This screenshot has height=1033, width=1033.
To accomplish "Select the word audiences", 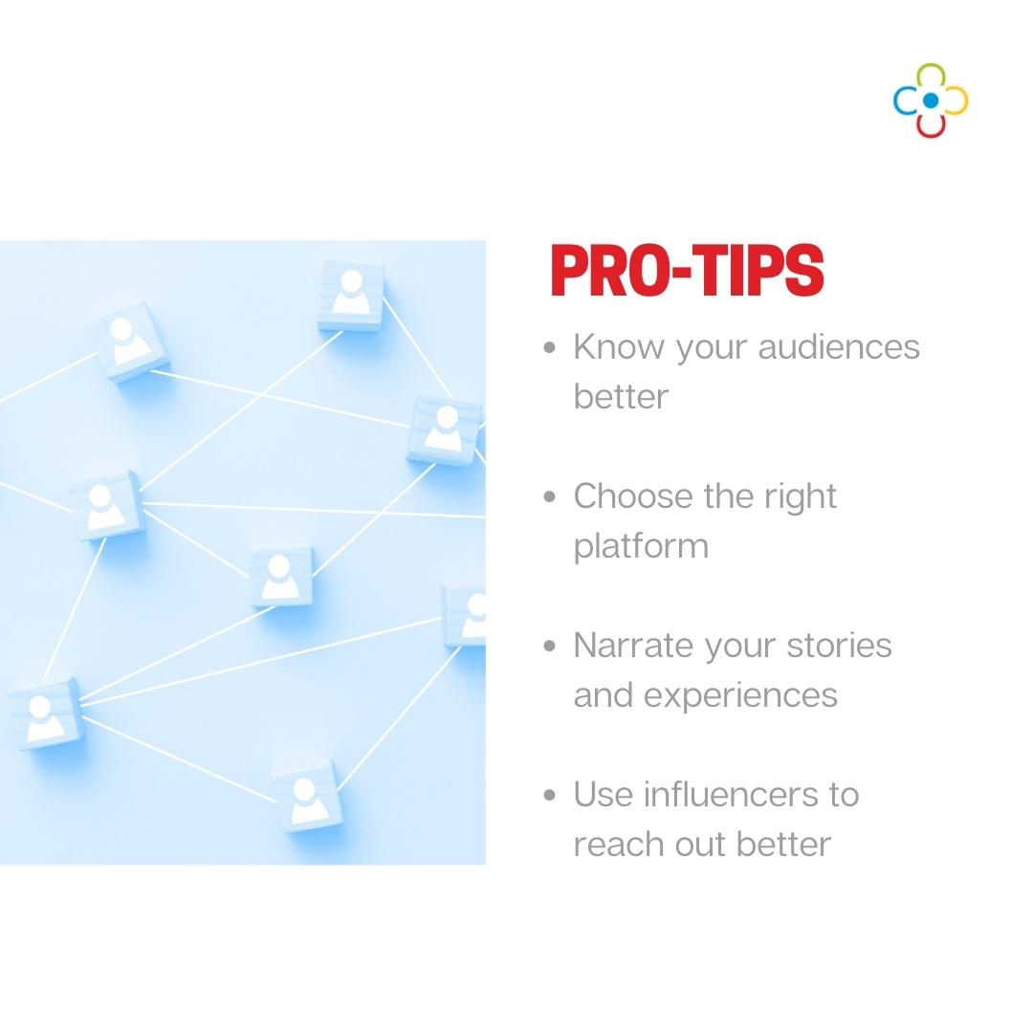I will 839,346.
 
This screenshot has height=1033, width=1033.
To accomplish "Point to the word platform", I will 641,547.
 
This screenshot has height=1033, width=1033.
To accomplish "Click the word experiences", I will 740,695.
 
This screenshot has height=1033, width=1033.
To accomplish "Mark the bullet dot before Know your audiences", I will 549,347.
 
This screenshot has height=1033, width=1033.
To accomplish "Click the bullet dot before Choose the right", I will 549,497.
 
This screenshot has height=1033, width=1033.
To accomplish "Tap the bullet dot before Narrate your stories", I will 549,647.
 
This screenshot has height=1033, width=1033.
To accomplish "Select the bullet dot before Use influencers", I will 549,796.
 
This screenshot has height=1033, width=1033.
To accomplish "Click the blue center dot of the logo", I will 931,99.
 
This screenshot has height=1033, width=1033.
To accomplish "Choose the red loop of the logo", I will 931,124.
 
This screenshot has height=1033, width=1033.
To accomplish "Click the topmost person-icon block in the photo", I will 351,294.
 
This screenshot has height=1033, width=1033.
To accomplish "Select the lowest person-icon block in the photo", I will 306,794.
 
